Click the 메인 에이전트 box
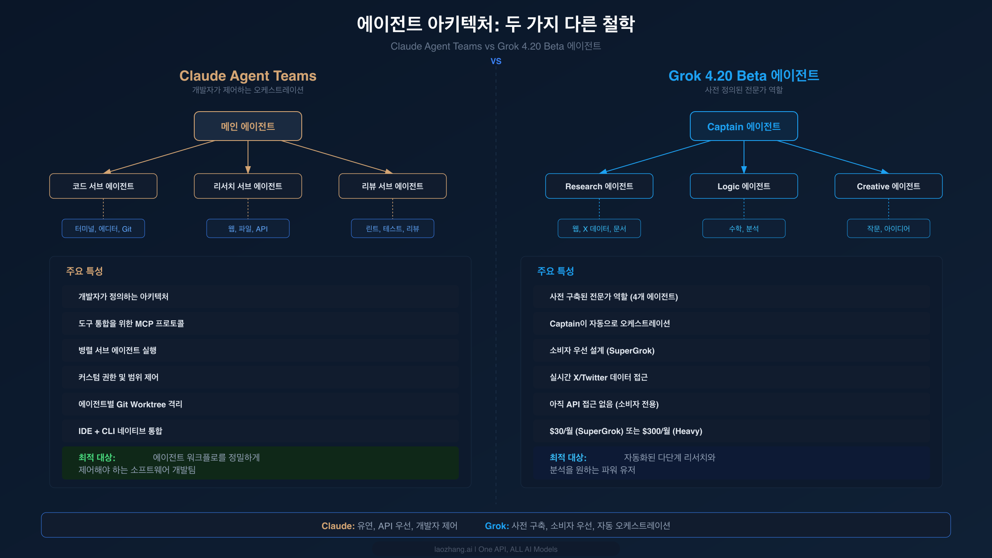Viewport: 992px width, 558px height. (248, 126)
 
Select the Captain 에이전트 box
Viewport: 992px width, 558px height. (744, 126)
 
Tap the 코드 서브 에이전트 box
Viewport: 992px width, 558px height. (103, 186)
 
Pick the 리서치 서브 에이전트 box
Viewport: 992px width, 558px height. (248, 186)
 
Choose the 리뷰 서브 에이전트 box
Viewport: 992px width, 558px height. (392, 186)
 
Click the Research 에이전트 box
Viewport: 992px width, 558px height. (599, 186)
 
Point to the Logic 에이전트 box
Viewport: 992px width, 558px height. (744, 186)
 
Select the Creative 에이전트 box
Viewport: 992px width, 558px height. (888, 186)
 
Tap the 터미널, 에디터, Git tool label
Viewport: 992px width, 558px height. (103, 229)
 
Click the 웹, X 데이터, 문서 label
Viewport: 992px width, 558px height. (599, 229)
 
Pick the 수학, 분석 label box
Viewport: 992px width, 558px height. (744, 229)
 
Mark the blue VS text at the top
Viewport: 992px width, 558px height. (496, 61)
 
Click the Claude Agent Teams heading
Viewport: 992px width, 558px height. (248, 76)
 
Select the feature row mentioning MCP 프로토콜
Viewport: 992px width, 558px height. (260, 324)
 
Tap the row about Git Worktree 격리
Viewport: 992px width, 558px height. (260, 404)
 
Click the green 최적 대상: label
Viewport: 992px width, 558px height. (97, 458)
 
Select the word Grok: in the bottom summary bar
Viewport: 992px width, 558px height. (496, 526)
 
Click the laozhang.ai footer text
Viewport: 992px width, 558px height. (496, 549)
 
